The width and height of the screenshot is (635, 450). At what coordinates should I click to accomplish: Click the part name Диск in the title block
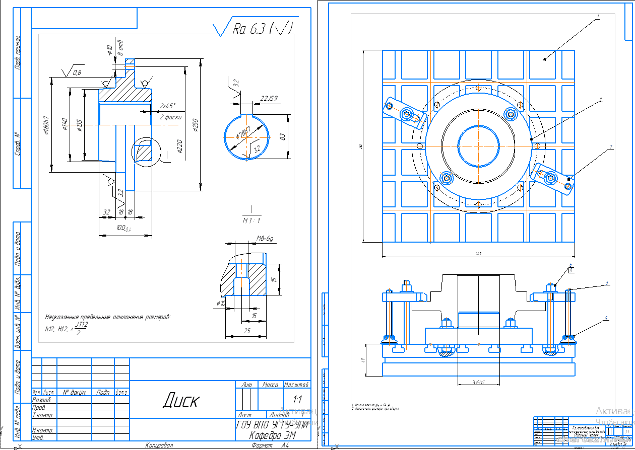[x=180, y=401]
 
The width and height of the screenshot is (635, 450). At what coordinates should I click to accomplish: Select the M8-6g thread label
[x=268, y=239]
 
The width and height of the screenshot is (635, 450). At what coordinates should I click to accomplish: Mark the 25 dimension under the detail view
[x=246, y=331]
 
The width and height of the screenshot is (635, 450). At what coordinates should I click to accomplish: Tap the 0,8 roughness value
[x=77, y=72]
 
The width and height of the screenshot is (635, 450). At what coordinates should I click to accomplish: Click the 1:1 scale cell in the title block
[x=297, y=400]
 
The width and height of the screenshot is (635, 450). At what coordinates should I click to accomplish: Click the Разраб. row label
[x=41, y=399]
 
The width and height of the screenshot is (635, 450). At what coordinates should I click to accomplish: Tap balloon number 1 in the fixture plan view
[x=598, y=17]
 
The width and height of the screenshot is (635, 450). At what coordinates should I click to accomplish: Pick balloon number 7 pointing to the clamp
[x=610, y=147]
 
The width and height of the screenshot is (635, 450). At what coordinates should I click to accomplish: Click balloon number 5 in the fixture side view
[x=608, y=283]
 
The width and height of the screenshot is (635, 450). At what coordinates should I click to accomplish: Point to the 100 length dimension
[x=121, y=229]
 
